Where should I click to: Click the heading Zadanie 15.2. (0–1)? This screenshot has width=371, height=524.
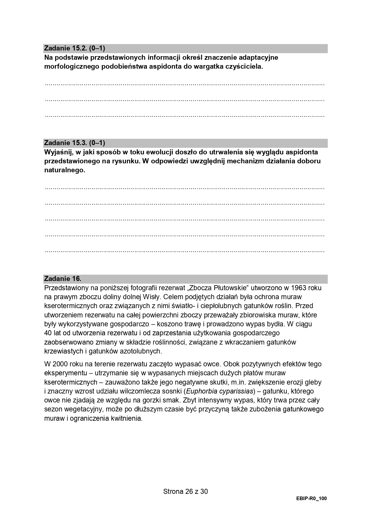[x=74, y=48]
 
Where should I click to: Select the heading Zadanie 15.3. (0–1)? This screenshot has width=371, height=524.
[x=74, y=143]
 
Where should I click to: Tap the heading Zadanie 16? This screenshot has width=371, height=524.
[x=62, y=279]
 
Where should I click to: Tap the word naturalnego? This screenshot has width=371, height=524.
[x=65, y=170]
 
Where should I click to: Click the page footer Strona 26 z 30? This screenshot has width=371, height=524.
[x=185, y=491]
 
